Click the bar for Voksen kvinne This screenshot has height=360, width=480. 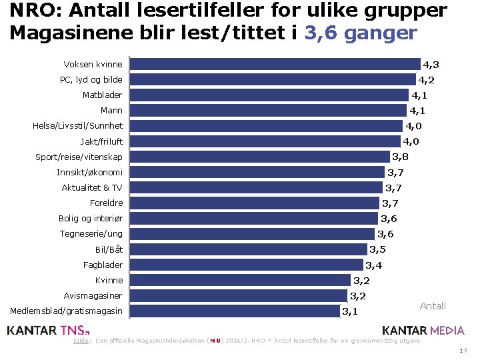point(275,64)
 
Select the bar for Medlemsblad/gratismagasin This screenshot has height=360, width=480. point(234,311)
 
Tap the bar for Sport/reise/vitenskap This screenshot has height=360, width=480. point(259,157)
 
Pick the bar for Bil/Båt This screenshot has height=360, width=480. point(248,249)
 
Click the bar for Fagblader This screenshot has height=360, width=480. point(246,265)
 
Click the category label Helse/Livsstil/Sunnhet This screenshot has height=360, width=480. point(77,126)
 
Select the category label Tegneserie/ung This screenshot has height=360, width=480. point(91,234)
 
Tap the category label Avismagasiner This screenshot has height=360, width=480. point(93,295)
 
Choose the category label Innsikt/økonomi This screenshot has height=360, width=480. point(89,173)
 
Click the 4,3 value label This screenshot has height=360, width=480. point(431,65)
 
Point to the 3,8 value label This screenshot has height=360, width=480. point(400,157)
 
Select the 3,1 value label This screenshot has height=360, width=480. point(350,311)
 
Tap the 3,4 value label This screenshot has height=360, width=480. point(373,265)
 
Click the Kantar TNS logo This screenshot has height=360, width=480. point(47,329)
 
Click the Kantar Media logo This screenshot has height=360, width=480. point(423,329)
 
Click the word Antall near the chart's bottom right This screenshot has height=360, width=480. point(433,306)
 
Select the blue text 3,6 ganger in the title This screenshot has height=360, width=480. point(361,33)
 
